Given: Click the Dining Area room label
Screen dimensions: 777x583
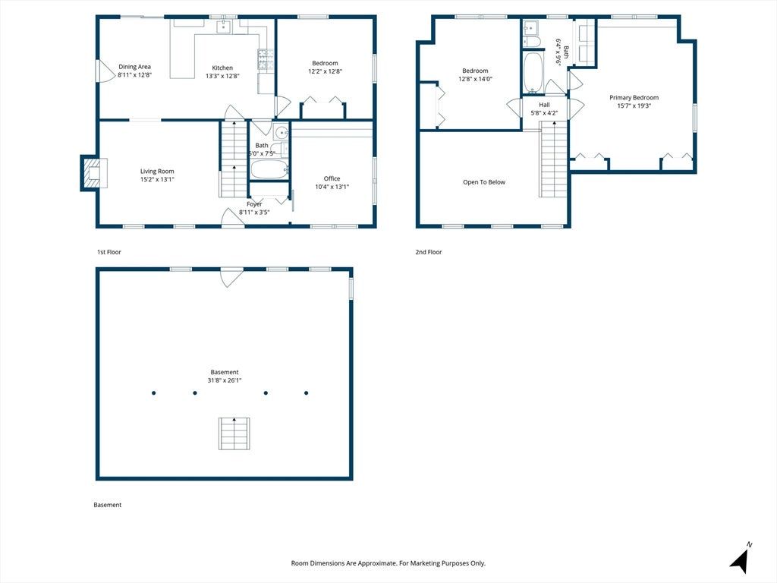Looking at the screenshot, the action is (x=134, y=67).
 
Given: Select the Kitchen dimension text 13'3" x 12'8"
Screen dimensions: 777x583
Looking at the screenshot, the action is (x=222, y=76).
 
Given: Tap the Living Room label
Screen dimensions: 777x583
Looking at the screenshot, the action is (x=157, y=172).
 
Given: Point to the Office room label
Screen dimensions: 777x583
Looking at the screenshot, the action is (x=332, y=178).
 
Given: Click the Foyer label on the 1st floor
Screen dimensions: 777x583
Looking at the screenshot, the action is (x=254, y=204).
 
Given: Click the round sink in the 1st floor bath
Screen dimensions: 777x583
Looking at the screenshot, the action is (x=282, y=132).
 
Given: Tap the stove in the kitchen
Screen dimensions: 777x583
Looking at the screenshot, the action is (x=262, y=59).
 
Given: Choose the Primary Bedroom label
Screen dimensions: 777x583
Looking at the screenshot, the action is (x=634, y=98).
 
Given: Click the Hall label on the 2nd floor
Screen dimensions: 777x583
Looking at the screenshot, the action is (x=544, y=105).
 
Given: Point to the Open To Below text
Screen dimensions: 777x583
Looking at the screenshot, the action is (x=484, y=182).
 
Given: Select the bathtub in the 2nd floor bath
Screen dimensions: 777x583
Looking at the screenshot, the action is (x=533, y=72).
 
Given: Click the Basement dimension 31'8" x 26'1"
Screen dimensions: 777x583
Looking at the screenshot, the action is (x=225, y=380).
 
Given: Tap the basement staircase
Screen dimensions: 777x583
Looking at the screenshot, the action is (x=234, y=433).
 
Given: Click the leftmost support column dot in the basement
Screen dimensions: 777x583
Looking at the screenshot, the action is (x=153, y=393).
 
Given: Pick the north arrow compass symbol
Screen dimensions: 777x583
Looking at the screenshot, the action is (x=740, y=559).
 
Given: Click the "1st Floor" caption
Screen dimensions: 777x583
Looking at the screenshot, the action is (x=109, y=252).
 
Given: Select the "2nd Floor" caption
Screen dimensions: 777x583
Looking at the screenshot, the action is (x=429, y=252).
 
